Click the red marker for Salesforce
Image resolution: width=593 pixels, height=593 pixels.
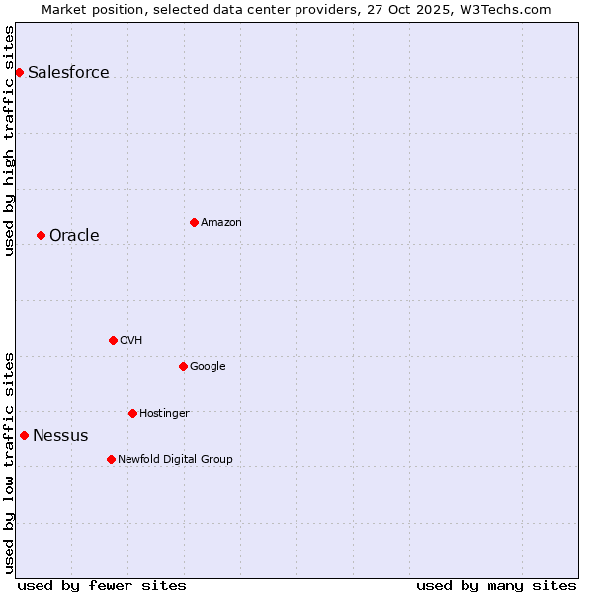(19, 72)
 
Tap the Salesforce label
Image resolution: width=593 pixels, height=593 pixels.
(68, 73)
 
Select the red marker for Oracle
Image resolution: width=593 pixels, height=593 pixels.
(41, 235)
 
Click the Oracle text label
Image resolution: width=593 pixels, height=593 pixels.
(74, 236)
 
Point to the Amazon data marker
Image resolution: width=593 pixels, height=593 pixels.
(194, 222)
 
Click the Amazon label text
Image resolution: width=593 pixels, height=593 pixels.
(221, 223)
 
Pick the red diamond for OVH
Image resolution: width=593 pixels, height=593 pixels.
(113, 340)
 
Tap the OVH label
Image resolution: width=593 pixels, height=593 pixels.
(131, 341)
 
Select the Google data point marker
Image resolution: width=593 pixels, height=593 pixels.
(183, 366)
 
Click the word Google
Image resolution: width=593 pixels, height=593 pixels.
(208, 367)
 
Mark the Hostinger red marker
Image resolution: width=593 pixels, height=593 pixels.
(132, 413)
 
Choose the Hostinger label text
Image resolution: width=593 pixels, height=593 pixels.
(164, 414)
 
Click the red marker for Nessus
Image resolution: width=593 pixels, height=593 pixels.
(24, 435)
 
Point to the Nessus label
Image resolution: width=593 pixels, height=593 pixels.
(60, 436)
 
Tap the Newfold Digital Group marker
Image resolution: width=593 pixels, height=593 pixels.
(111, 459)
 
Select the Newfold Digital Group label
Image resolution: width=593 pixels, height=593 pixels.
(175, 460)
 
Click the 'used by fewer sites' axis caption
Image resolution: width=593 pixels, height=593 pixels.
(102, 585)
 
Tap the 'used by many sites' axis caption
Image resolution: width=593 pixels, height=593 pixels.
(496, 585)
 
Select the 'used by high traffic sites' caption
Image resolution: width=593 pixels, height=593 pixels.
(10, 140)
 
